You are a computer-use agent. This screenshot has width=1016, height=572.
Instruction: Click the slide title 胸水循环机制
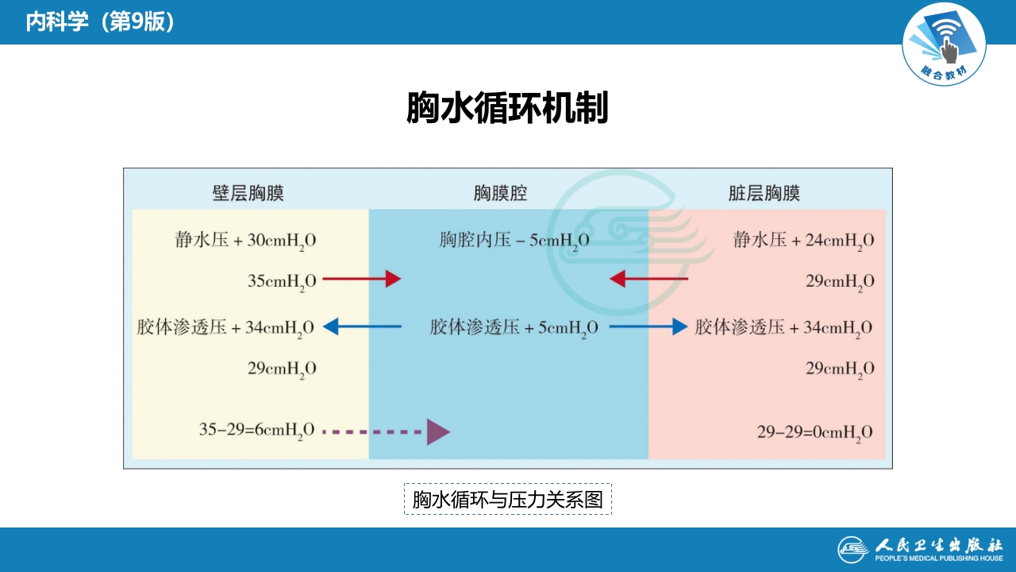coord(507,108)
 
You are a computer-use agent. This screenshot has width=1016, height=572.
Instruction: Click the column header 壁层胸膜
coord(248,193)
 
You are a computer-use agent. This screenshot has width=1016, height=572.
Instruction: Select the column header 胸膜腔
coord(500,193)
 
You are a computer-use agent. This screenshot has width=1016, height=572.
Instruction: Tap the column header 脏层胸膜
coord(764,193)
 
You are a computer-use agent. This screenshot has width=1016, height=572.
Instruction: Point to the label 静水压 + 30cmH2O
coord(245,240)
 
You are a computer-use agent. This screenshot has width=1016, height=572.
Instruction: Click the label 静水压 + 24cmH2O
coord(803,240)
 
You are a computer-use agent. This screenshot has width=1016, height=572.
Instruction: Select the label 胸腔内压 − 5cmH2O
coord(514,240)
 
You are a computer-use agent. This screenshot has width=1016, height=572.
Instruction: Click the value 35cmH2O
coord(282,280)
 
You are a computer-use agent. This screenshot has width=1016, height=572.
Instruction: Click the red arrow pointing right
coord(362,279)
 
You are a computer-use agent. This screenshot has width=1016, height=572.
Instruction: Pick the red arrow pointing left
coord(648,279)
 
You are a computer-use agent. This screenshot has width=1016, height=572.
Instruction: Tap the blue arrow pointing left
coord(362,326)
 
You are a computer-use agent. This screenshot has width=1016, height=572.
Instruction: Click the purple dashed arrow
coord(387,431)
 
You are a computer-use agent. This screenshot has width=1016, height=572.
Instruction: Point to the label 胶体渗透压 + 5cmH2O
coord(514,327)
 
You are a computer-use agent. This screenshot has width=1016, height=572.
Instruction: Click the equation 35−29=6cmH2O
coord(256,431)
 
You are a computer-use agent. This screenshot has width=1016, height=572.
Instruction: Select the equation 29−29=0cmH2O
coord(814,432)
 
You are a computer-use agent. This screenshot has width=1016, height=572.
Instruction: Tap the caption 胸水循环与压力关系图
coord(507,500)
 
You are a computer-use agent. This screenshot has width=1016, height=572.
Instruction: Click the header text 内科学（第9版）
coord(100,22)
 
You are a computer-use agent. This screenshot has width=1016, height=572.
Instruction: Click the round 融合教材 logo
coord(944,44)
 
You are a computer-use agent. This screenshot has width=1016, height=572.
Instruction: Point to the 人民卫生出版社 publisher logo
coord(920,549)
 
